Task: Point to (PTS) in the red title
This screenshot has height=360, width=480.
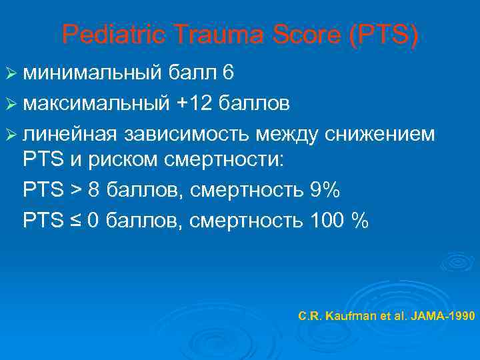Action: [x=382, y=35]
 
